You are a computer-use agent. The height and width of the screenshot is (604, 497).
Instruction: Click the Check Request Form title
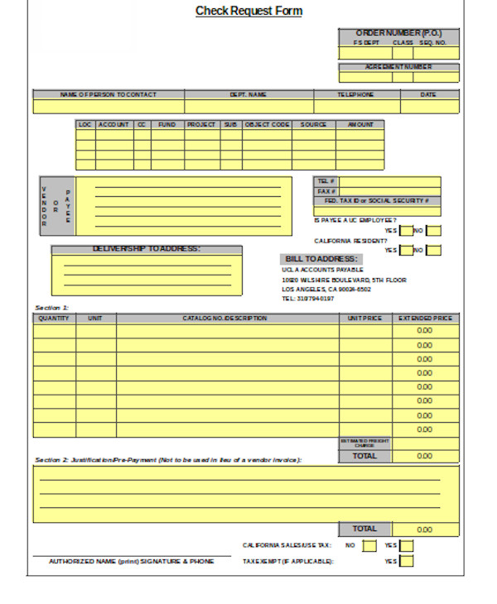pos(248,12)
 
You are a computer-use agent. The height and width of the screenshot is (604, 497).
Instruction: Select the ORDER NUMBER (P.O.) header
pos(398,33)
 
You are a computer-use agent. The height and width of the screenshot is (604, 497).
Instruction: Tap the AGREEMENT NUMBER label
pos(398,67)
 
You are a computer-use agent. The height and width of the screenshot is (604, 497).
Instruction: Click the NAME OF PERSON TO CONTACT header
pos(109,95)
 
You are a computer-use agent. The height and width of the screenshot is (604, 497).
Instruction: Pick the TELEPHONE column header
pos(356,95)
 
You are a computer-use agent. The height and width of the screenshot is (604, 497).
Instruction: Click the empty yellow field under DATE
pos(429,107)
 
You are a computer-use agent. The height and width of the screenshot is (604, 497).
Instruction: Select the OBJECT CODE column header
pos(267,125)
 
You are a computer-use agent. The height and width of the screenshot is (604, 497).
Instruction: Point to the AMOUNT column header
pos(360,125)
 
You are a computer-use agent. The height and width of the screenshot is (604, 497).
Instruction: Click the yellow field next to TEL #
pos(390,181)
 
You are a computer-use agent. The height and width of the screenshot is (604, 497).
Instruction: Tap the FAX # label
pos(326,191)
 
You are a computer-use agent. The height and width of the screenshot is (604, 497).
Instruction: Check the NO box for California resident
pos(433,250)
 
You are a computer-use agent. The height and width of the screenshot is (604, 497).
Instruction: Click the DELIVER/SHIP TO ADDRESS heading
pos(147,249)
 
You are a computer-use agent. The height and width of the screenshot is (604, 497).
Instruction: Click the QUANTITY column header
pos(54,319)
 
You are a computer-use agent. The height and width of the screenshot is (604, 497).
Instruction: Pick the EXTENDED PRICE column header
pos(425,319)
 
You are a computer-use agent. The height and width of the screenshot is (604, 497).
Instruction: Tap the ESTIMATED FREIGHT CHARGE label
pos(364,443)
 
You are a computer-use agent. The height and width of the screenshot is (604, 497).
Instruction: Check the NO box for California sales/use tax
pos(369,545)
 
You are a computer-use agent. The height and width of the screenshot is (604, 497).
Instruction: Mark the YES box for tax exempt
pos(406,561)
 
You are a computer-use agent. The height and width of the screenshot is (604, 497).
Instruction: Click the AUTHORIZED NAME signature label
pos(131,561)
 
